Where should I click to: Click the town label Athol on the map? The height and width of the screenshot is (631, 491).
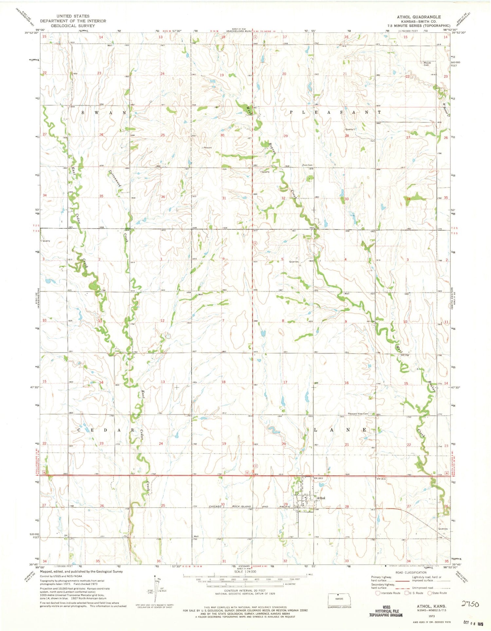[x=321, y=498]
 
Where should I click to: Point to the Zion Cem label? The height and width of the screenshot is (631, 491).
[x=307, y=165]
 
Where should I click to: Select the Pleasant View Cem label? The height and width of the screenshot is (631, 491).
[x=358, y=414]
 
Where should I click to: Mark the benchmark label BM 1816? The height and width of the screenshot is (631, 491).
[x=381, y=478]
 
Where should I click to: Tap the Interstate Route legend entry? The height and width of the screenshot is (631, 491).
[x=389, y=593]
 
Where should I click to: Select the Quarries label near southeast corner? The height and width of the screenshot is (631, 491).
[x=443, y=529]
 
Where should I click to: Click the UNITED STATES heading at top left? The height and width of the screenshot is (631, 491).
[x=73, y=16]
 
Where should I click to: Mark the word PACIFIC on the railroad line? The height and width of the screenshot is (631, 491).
[x=280, y=506]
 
